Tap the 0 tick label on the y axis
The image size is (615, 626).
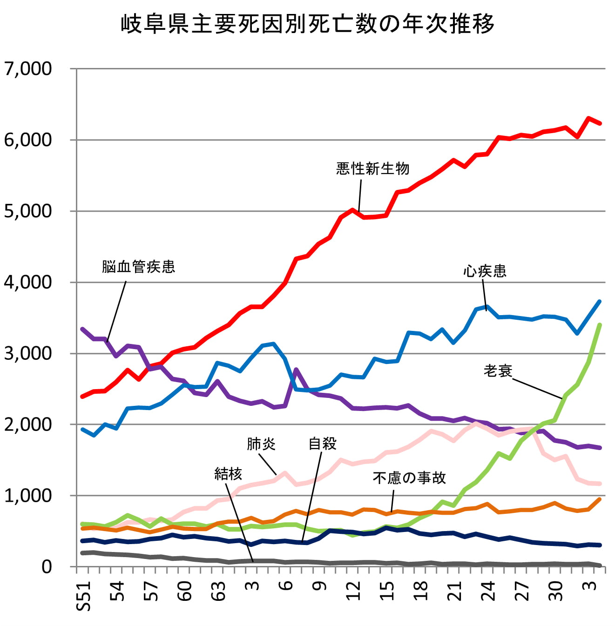[x=47, y=566]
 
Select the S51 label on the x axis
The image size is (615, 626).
[x=84, y=595]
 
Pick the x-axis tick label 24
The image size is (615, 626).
[x=488, y=591]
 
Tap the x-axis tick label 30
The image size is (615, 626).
[x=555, y=591]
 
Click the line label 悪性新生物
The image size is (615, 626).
[x=372, y=168]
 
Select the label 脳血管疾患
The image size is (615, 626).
[x=138, y=267]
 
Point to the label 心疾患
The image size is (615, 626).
[x=485, y=271]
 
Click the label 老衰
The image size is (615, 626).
[x=498, y=370]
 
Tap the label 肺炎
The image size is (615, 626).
[x=261, y=444]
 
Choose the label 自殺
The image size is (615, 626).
[x=322, y=444]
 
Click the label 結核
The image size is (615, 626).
[x=228, y=474]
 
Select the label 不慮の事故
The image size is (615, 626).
[x=409, y=478]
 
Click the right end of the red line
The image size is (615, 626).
[x=600, y=123]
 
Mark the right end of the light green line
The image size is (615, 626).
[x=600, y=325]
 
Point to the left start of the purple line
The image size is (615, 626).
[x=82, y=329]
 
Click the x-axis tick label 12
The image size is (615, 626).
[x=353, y=591]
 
